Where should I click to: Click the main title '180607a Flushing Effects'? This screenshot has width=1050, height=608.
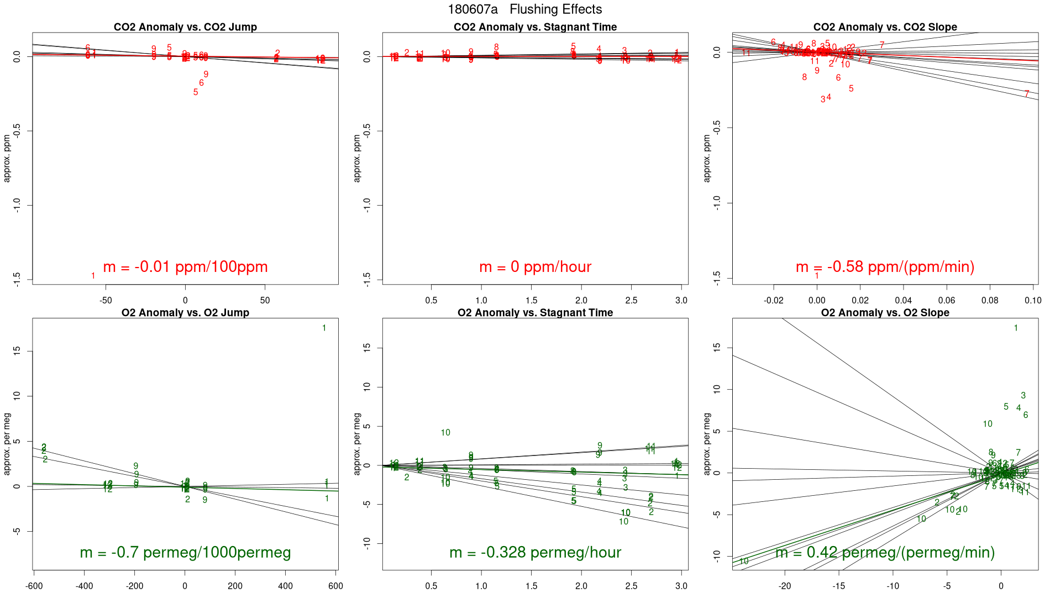click(x=524, y=9)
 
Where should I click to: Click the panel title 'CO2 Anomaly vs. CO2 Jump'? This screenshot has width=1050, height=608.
click(x=185, y=27)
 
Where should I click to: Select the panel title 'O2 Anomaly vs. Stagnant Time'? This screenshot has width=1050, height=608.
click(x=535, y=313)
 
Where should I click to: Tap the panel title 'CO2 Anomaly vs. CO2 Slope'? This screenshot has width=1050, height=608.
click(x=885, y=27)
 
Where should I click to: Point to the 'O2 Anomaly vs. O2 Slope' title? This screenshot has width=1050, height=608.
click(x=885, y=313)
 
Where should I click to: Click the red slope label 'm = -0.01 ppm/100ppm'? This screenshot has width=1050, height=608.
click(x=185, y=267)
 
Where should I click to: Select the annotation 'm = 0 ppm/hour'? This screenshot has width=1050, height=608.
click(x=535, y=267)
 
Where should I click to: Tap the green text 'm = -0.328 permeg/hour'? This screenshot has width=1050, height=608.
click(x=535, y=553)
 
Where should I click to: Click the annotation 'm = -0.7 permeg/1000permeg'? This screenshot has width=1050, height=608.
click(x=185, y=553)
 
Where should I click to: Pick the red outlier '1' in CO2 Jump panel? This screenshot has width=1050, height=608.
click(x=93, y=276)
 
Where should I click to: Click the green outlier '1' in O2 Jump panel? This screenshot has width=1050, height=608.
click(x=324, y=328)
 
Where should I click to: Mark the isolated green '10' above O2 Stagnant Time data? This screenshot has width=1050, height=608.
click(x=445, y=433)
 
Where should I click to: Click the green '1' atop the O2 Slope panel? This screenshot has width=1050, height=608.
click(x=1016, y=328)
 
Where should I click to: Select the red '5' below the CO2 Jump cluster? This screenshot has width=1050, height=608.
click(x=196, y=92)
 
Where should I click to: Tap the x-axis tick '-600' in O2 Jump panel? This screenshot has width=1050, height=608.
click(x=34, y=586)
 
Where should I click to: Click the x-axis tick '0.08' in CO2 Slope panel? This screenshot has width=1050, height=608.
click(x=990, y=301)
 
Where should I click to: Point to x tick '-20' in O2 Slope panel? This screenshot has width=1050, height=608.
click(x=784, y=586)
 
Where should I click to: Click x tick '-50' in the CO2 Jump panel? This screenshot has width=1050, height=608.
click(x=106, y=301)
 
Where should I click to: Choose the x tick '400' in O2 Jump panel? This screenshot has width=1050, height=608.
click(x=285, y=586)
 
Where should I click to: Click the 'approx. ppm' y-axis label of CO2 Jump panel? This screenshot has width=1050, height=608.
click(x=7, y=158)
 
